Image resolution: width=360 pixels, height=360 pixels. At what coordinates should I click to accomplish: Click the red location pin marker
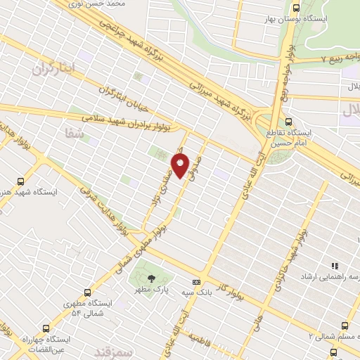pos(181,166)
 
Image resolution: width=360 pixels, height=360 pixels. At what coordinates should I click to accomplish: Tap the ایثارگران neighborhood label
pos(52,70)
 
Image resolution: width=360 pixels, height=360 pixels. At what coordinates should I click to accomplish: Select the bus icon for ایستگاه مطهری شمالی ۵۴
pos(88,293)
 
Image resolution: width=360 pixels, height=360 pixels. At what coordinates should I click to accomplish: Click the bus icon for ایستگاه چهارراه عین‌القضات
pos(46,328)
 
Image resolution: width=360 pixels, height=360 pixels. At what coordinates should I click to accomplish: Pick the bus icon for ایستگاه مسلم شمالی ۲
pos(345,324)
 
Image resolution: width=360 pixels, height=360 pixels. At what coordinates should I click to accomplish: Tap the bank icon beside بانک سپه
pos(195,282)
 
